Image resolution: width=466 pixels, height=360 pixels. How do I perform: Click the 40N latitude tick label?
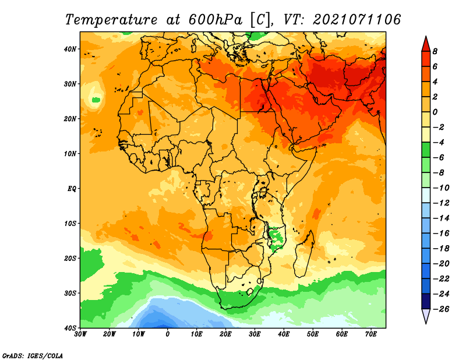70,49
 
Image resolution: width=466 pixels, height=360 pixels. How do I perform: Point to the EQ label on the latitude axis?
72,189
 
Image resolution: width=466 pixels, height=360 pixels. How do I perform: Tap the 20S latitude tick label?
70,258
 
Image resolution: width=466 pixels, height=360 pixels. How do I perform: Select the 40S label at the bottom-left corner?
70,328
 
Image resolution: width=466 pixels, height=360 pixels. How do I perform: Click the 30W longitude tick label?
80,334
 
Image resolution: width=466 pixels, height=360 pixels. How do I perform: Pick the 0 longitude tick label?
168,334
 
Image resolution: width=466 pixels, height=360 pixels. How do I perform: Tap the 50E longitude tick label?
313,334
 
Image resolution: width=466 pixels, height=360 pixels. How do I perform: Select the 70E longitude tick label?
370,334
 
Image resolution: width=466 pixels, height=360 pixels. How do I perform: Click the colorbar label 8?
435,51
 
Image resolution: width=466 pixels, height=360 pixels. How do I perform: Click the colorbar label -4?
439,142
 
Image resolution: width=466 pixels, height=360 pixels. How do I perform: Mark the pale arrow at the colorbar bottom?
426,315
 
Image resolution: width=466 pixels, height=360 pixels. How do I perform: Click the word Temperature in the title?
111,20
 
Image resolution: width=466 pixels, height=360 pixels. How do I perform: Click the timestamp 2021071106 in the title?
357,20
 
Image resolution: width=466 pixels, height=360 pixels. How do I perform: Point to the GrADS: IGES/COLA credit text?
33,356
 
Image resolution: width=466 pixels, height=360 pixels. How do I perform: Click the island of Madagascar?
303,254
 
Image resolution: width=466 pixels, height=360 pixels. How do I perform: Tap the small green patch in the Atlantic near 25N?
96,100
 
